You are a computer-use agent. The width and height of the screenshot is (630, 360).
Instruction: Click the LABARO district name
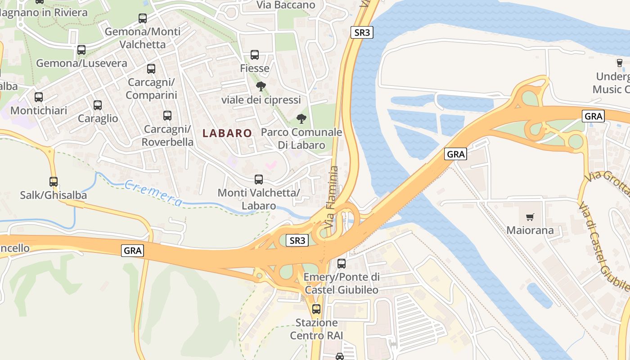tap(227, 133)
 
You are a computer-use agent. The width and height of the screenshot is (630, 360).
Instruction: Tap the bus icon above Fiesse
tap(255, 55)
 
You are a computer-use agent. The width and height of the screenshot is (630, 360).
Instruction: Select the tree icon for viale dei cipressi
tap(261, 86)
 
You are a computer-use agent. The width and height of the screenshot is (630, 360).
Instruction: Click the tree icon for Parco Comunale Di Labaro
tap(301, 119)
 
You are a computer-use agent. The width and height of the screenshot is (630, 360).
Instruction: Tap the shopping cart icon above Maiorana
tap(530, 217)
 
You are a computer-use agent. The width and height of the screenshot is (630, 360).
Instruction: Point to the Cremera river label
tap(153, 193)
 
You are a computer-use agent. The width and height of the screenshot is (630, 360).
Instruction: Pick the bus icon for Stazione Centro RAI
tap(316, 309)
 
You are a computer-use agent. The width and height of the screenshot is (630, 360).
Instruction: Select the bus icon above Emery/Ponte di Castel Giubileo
tap(342, 264)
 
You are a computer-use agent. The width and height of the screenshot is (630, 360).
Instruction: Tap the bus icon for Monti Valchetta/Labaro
tap(259, 180)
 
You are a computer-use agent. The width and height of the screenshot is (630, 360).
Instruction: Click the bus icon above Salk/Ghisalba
tap(54, 182)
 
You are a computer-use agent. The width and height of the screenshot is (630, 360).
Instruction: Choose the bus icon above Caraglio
tap(98, 105)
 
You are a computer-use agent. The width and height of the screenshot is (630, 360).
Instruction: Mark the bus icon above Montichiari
tap(39, 97)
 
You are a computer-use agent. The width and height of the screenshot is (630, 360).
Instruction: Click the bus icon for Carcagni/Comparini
tap(151, 69)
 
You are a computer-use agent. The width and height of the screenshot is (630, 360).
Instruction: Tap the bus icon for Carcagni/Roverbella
tap(167, 116)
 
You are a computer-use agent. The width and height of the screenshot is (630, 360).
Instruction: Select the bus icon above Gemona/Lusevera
tap(81, 50)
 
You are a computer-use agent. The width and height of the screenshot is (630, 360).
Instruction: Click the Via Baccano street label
tap(286, 5)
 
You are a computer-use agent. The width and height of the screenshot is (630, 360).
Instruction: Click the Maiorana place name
tap(530, 231)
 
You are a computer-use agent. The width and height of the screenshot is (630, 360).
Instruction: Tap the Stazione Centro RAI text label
tap(316, 329)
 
